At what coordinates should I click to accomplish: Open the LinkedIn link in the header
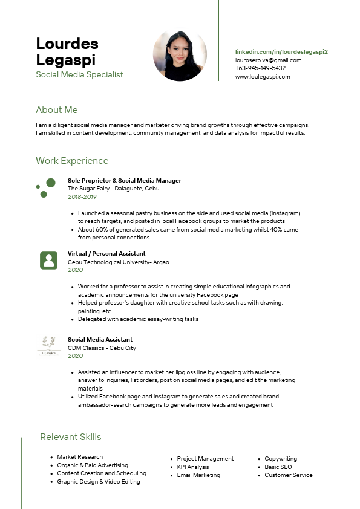point(281,53)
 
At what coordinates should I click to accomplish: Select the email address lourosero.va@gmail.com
point(268,60)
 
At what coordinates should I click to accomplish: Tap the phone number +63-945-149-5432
point(260,68)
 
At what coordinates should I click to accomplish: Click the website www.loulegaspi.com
point(263,77)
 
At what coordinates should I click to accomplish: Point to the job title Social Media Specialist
point(79,74)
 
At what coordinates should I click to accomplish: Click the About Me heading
point(57,110)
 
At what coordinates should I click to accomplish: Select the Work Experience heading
point(72,161)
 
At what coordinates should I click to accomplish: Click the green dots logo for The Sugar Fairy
point(46,188)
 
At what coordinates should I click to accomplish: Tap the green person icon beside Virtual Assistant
point(48,261)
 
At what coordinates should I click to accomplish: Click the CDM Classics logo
point(48,346)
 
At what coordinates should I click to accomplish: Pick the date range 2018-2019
point(82,197)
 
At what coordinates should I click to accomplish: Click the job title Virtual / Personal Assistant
point(106,254)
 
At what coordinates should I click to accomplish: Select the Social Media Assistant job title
point(100,340)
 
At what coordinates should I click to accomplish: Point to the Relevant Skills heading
point(71,437)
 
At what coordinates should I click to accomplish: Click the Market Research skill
point(80,457)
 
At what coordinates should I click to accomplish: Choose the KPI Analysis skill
point(192,467)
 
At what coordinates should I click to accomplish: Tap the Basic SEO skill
point(278,467)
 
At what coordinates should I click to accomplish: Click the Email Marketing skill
point(198,475)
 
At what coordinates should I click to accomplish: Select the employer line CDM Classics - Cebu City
point(102,348)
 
